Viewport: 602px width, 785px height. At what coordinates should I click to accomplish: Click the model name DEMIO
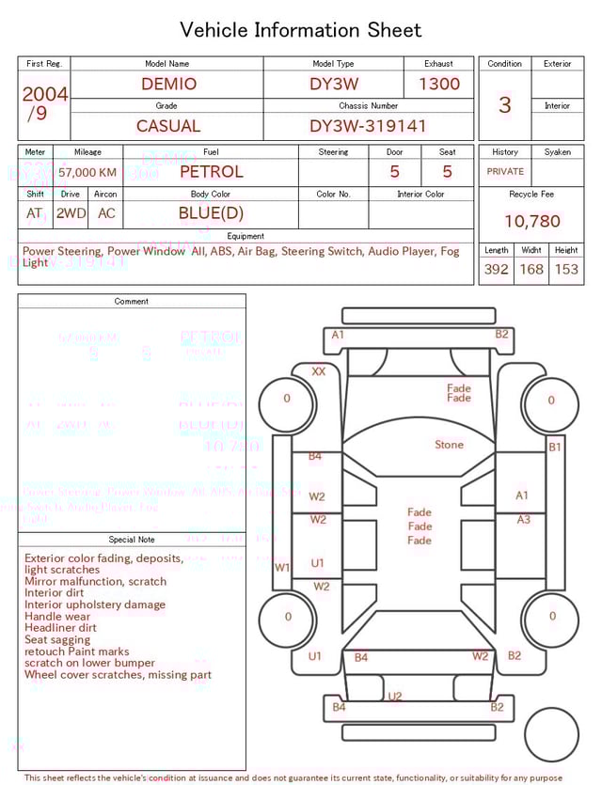click(x=169, y=84)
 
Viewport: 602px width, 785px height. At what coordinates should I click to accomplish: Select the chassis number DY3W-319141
click(x=368, y=126)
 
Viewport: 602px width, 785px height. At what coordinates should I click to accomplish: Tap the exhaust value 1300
click(x=439, y=84)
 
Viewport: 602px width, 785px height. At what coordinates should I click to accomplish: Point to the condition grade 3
click(x=504, y=104)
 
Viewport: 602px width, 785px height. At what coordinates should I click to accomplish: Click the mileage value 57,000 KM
click(x=87, y=173)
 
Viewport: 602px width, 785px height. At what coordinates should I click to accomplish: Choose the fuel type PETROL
click(x=211, y=172)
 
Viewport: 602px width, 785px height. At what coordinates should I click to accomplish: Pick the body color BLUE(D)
click(x=211, y=213)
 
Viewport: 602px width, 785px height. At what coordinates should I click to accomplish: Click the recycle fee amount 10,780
click(x=531, y=222)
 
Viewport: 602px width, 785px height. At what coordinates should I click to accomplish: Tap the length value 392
click(x=496, y=269)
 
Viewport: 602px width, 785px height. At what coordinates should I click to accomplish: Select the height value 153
click(x=566, y=269)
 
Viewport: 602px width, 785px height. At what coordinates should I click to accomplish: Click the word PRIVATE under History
click(x=505, y=172)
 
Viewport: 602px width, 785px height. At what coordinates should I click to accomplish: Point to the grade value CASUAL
click(x=168, y=126)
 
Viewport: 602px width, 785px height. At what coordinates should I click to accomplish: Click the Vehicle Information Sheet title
click(x=301, y=30)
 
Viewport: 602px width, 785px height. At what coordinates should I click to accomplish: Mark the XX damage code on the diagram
click(x=319, y=371)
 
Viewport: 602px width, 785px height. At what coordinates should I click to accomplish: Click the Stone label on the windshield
click(x=449, y=445)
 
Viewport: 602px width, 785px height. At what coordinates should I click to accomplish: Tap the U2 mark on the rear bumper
click(x=395, y=697)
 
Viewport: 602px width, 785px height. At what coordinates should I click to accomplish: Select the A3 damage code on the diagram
click(x=524, y=519)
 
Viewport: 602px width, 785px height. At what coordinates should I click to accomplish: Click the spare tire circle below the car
click(x=551, y=735)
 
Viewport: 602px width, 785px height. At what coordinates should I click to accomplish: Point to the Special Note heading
click(x=132, y=540)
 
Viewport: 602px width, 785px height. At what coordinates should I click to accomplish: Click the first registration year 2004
click(x=45, y=94)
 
